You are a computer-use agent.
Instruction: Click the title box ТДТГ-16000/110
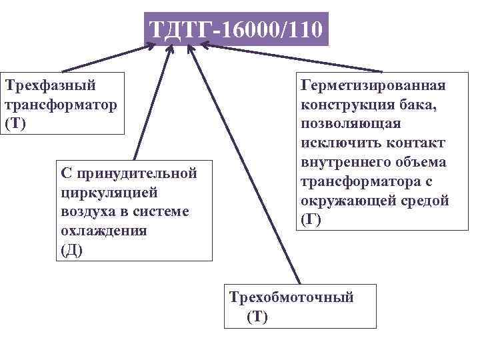[237, 29]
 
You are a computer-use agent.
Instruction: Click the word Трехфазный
[51, 85]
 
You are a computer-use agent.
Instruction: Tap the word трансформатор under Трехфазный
[61, 105]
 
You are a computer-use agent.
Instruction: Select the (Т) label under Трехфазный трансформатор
[15, 125]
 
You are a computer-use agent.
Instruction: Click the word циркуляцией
[109, 193]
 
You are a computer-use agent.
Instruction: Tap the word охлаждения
[103, 231]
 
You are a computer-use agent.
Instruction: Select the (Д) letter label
[72, 251]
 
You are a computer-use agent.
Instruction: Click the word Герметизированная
[373, 85]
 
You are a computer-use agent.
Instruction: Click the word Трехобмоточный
[291, 297]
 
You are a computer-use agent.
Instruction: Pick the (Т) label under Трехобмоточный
[257, 317]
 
